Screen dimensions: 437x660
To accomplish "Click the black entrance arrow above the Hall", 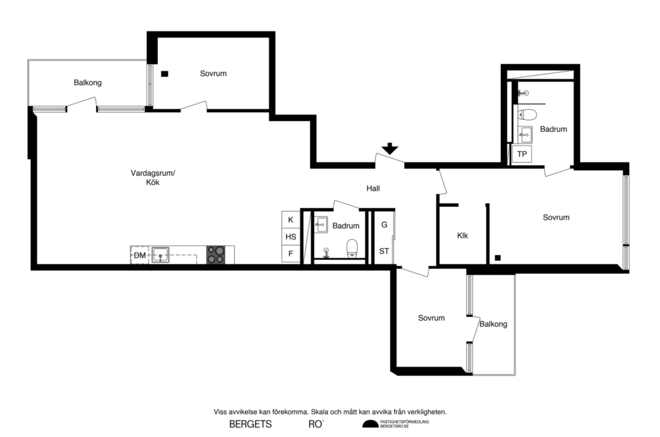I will pyautogui.click(x=389, y=149).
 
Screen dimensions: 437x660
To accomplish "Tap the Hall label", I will pyautogui.click(x=373, y=189).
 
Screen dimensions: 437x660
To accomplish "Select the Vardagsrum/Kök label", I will pyautogui.click(x=153, y=177).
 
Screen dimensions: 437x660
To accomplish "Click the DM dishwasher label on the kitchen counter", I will pyautogui.click(x=139, y=256).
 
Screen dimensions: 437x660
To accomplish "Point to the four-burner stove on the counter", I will pyautogui.click(x=215, y=255).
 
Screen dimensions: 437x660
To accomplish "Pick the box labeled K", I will pyautogui.click(x=291, y=220).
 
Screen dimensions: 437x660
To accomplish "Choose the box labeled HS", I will pyautogui.click(x=291, y=237).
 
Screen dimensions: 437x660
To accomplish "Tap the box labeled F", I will pyautogui.click(x=291, y=254).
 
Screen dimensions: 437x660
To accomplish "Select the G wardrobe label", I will pyautogui.click(x=384, y=225).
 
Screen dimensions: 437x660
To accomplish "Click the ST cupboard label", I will pyautogui.click(x=384, y=251).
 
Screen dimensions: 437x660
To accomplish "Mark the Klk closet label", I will pyautogui.click(x=462, y=236).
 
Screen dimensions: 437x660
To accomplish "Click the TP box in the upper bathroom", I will pyautogui.click(x=522, y=154).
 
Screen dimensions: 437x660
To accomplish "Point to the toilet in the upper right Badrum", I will pyautogui.click(x=528, y=115).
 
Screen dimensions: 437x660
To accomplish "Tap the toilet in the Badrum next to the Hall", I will pyautogui.click(x=352, y=248).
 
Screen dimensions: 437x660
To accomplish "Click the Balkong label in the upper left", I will pyautogui.click(x=88, y=83).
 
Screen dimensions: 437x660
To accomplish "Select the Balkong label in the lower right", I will pyautogui.click(x=493, y=324).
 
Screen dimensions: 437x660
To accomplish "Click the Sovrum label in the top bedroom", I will pyautogui.click(x=213, y=73).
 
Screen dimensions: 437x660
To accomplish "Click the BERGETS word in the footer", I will pyautogui.click(x=250, y=424).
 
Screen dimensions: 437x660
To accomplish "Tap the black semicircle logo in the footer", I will pyautogui.click(x=370, y=423).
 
